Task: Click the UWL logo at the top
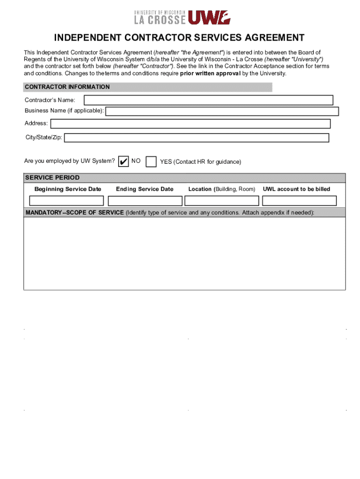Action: (209, 17)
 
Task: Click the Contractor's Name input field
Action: (208, 100)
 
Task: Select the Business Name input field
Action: (222, 111)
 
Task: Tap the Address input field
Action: (190, 123)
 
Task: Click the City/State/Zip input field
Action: (196, 138)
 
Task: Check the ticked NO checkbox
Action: (123, 161)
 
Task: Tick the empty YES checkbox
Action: (151, 161)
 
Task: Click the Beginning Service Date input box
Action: (66, 201)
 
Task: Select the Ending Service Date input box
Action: (145, 201)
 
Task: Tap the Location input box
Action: (222, 201)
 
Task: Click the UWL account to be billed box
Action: (299, 201)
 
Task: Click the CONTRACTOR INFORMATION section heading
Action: (67, 87)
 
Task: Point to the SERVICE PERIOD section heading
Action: (52, 178)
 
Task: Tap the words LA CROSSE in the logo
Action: (159, 20)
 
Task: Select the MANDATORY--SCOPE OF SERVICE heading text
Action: (75, 213)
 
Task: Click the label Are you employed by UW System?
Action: (70, 161)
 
